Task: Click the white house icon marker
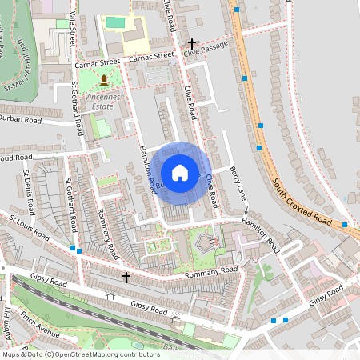point(180,172)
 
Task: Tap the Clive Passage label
point(205,49)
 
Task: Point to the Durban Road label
point(21,120)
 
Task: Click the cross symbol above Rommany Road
point(126,277)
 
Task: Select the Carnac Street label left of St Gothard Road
point(97,61)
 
